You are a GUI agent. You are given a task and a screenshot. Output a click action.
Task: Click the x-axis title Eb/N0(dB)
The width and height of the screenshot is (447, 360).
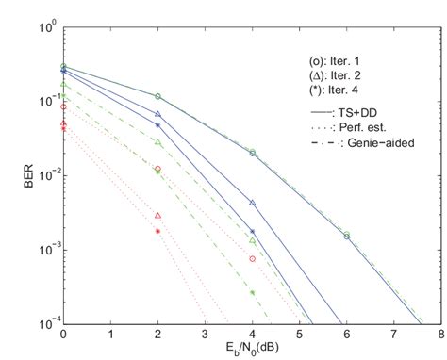tap(252, 351)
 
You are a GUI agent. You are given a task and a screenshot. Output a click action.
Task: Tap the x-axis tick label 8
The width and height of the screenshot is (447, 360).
tap(440, 334)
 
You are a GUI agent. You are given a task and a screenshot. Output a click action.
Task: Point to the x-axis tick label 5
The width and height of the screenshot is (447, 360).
tap(299, 334)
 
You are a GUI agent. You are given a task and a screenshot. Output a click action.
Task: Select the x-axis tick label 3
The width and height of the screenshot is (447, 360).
tap(205, 334)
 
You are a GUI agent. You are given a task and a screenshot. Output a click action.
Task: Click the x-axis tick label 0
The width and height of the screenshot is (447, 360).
tap(63, 334)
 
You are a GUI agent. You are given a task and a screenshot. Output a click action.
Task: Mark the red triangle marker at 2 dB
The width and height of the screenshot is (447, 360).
tap(157, 216)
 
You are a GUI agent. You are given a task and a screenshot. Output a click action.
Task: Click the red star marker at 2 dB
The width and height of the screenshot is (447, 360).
tap(157, 231)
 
